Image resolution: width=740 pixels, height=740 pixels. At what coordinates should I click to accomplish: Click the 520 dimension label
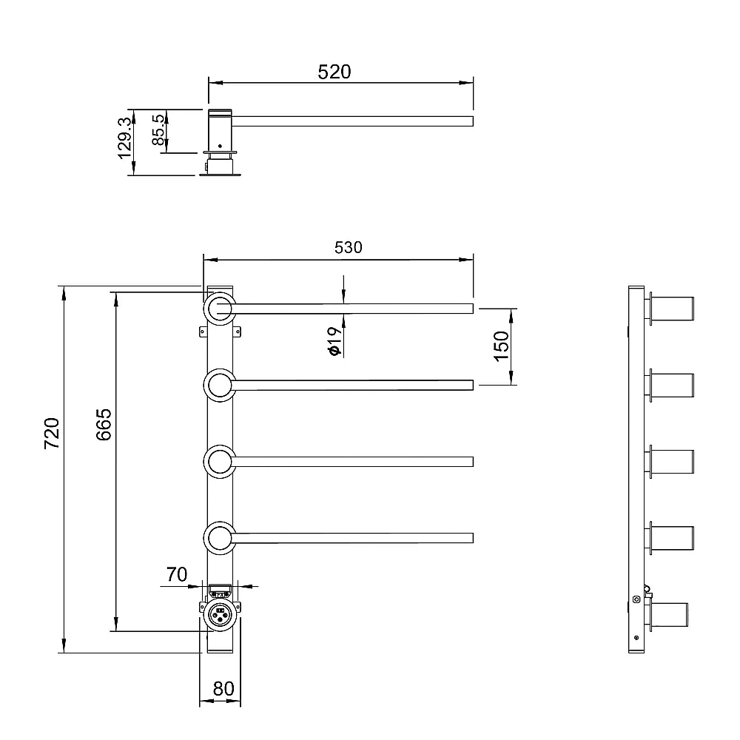coord(334,72)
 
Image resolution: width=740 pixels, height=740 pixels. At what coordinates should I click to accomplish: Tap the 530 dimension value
coord(349,247)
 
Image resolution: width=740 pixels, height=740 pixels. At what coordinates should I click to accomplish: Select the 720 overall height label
coord(52,433)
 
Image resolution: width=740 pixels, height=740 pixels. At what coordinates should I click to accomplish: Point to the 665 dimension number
coord(104,424)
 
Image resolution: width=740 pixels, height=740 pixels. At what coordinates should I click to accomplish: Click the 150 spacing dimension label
coord(502,346)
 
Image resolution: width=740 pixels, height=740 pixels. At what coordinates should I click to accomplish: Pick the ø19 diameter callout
coord(334,340)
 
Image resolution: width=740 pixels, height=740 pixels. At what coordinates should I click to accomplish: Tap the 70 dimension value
coord(177,574)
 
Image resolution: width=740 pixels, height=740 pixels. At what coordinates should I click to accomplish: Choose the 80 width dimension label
coord(223,688)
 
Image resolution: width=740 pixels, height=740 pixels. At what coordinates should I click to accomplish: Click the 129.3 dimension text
coord(125,138)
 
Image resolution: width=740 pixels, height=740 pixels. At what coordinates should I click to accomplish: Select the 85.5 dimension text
coord(158,129)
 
